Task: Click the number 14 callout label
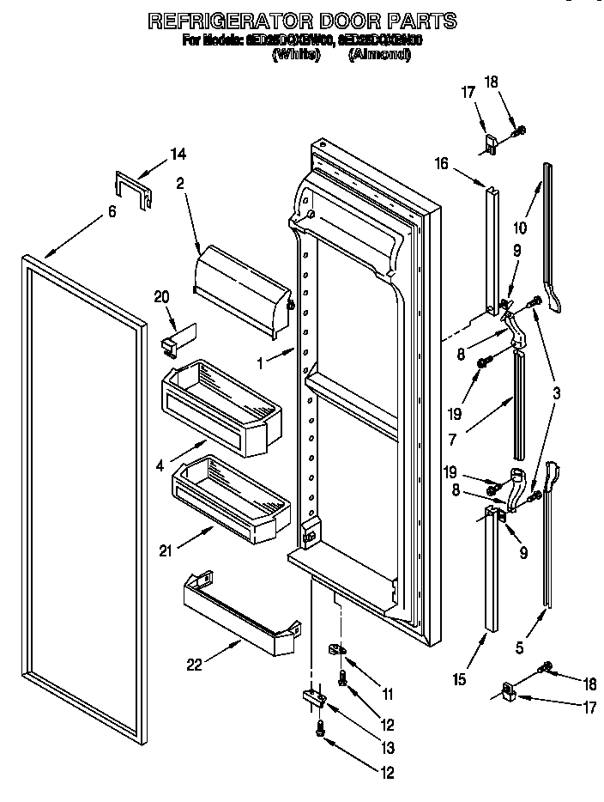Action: (x=178, y=154)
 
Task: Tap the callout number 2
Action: (x=180, y=182)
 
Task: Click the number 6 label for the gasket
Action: (x=112, y=212)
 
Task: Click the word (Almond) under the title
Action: (x=379, y=54)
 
